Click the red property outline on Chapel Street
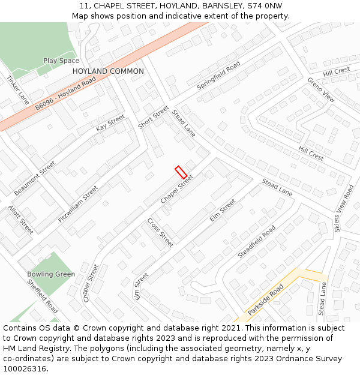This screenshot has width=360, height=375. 181,172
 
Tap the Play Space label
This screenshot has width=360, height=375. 61,61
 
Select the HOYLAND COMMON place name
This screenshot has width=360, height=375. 108,71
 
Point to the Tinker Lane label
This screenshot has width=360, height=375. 18,90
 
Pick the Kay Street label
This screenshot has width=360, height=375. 110,123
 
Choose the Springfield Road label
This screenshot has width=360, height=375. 218,76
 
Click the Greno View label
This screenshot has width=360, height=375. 321,89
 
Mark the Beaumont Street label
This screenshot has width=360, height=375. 35,178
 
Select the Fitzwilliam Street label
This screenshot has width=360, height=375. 78,205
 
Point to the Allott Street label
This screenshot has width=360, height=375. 20,220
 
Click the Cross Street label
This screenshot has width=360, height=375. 160,233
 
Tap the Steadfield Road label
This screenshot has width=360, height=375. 256,242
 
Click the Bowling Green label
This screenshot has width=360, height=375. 51,274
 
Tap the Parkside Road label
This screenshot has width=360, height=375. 266,300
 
